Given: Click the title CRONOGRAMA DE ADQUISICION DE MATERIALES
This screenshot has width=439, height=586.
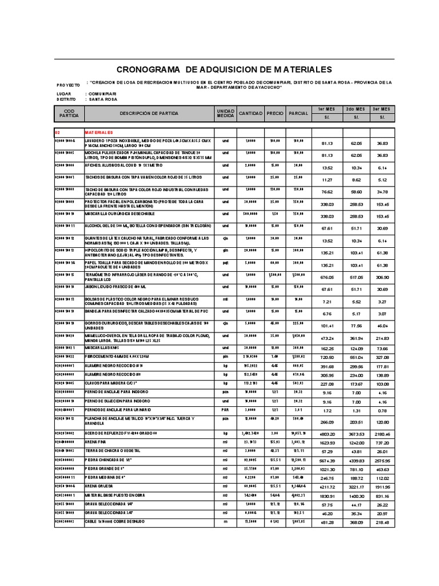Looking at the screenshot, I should pos(224,69).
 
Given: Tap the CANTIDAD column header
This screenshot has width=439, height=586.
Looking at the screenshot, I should pos(250,113).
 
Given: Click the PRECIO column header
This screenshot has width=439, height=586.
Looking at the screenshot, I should pos(274,113).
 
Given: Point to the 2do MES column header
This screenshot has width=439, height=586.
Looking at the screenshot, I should pos(355,109).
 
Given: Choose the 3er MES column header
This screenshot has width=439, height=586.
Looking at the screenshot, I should pos(381,109).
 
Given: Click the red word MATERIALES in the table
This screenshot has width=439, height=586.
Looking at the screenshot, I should pos(100,132).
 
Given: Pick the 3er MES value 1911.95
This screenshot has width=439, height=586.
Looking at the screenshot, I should pos(381,486).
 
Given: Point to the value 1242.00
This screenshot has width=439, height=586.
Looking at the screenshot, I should pos(355,443).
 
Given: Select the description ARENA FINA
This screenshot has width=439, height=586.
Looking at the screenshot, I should pos(96,442).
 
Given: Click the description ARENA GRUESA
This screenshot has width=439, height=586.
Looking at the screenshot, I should pos(98,485).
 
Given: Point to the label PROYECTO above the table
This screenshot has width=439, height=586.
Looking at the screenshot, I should pos(68,84).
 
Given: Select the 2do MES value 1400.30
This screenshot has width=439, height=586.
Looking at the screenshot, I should pos(355,496).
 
